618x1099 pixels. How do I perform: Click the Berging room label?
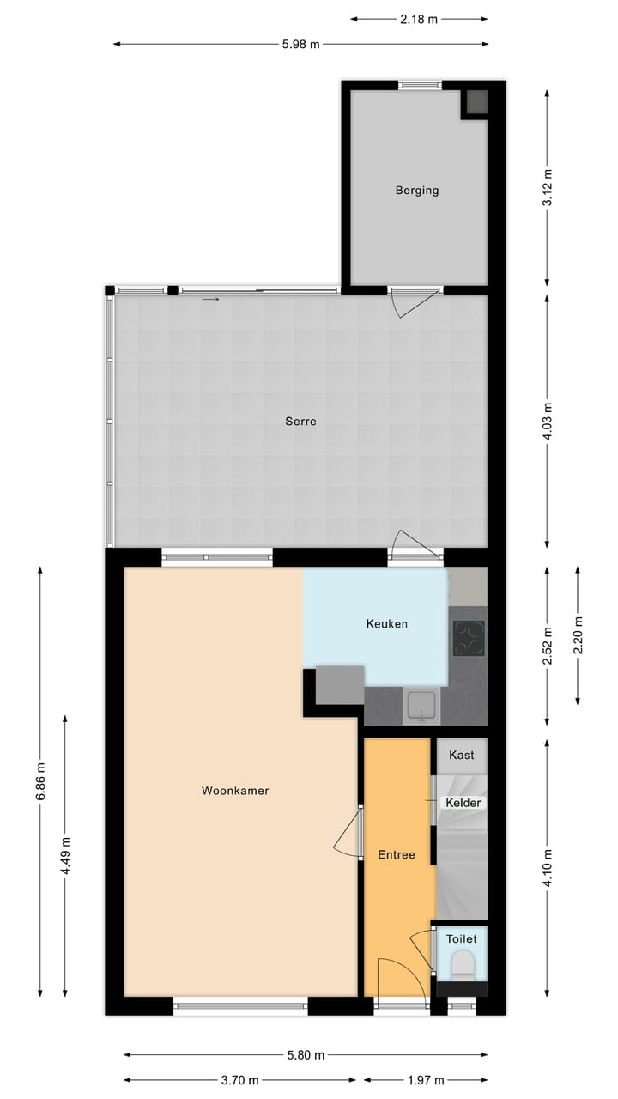click(x=417, y=191)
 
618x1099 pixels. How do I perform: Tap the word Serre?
click(x=300, y=422)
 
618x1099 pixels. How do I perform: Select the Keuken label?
click(x=386, y=624)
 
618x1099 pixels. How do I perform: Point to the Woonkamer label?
click(x=235, y=791)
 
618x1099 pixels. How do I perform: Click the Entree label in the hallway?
click(x=397, y=855)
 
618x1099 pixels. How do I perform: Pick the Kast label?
click(x=462, y=756)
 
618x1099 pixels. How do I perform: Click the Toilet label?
click(x=461, y=939)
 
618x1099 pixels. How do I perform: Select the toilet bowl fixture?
click(x=463, y=965)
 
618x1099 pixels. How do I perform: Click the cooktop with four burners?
click(x=469, y=638)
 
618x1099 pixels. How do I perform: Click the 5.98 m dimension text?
click(x=301, y=44)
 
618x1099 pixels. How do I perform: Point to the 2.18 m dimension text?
click(x=420, y=18)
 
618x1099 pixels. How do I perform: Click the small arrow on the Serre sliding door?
click(x=211, y=300)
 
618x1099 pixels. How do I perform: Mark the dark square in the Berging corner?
click(x=476, y=102)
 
